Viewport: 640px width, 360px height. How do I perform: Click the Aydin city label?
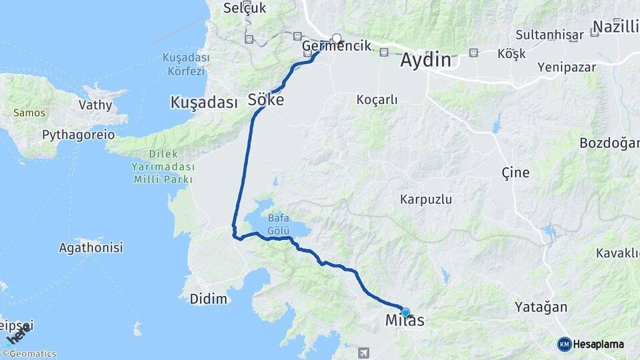(x=425, y=60)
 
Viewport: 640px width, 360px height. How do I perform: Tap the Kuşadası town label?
(x=204, y=103)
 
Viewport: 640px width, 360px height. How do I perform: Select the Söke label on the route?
(x=266, y=100)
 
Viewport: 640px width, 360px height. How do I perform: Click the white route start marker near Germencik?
(x=337, y=39)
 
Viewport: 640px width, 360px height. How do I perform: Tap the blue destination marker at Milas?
(x=405, y=312)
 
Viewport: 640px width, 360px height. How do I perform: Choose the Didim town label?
(x=209, y=299)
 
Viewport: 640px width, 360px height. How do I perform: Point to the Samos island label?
(x=29, y=113)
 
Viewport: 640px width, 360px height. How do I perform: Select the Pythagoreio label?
(x=78, y=135)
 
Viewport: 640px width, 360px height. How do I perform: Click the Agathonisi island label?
(x=91, y=248)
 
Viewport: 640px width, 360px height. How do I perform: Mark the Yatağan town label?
(x=541, y=307)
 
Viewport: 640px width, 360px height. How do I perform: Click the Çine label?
(x=515, y=173)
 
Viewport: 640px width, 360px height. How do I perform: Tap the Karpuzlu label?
(x=426, y=199)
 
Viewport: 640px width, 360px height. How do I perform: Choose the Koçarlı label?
(x=377, y=100)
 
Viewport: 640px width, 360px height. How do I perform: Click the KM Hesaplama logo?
(x=591, y=344)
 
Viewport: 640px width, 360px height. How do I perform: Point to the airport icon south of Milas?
(x=363, y=352)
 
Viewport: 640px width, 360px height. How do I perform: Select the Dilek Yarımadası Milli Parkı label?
(x=163, y=166)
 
